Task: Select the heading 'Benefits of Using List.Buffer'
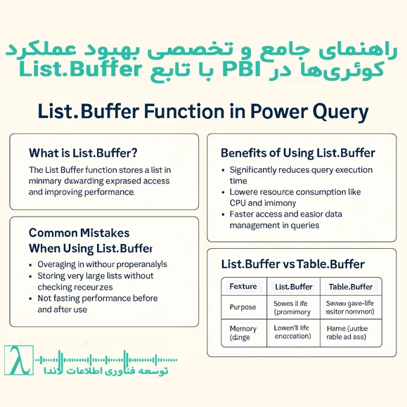[297, 153]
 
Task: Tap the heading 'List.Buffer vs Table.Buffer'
[292, 264]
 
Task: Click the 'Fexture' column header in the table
[243, 287]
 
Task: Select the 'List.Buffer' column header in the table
[293, 287]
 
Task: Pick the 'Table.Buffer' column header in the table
[351, 287]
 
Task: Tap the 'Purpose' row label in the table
[243, 307]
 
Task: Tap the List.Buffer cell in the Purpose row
[292, 307]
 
